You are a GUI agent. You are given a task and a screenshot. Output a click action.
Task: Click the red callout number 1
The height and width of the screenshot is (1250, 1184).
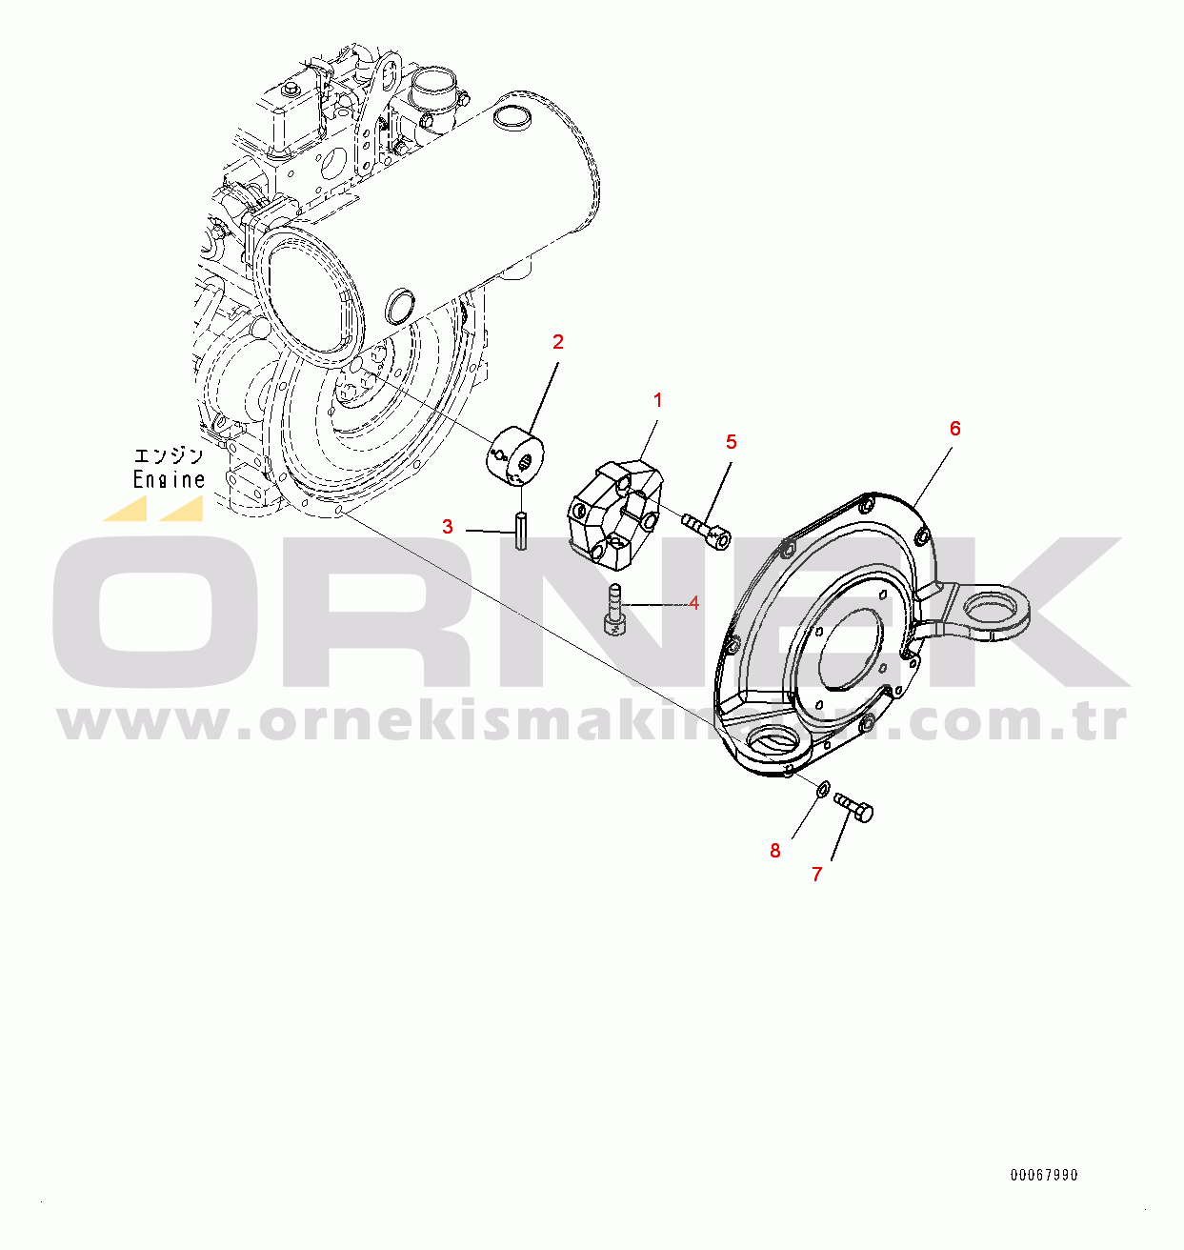click(x=657, y=400)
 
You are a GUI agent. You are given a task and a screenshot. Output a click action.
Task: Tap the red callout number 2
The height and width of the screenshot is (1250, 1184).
click(x=557, y=342)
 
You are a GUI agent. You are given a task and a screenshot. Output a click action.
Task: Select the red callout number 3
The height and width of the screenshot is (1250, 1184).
click(x=448, y=527)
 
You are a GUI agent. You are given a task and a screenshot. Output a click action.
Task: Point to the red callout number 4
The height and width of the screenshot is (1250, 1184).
click(x=693, y=603)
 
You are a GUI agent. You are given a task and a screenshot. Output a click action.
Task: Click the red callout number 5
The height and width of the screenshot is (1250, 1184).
click(x=732, y=442)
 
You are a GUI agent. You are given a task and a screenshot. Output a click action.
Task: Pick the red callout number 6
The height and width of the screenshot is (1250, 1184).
click(x=954, y=429)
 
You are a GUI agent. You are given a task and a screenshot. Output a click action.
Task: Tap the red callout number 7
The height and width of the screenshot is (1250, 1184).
click(x=817, y=875)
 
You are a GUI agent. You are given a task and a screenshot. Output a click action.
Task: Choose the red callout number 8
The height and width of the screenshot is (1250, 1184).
click(x=775, y=850)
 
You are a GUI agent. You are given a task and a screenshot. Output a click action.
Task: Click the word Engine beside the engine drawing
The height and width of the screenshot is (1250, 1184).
click(x=170, y=479)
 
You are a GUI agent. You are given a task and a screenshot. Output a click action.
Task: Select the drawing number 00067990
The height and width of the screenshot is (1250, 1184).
click(x=1044, y=1175)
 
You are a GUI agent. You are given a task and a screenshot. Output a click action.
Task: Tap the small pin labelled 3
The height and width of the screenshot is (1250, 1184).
click(x=521, y=531)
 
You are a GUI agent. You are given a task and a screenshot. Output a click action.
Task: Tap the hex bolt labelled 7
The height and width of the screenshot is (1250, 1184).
click(x=853, y=806)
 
